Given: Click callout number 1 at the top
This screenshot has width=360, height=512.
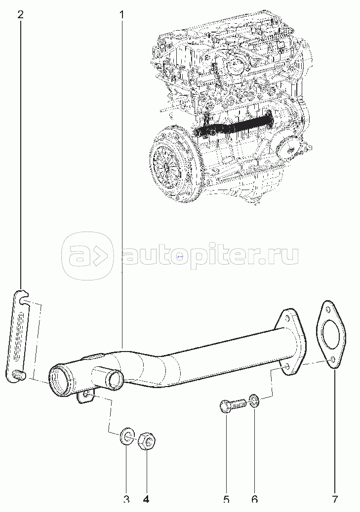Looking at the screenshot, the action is (x=121, y=15).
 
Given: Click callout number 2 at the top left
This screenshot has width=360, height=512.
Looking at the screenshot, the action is (x=21, y=15).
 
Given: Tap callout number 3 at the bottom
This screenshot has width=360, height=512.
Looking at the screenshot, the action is (x=126, y=499).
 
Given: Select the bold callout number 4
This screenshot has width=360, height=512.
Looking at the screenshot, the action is (x=146, y=499).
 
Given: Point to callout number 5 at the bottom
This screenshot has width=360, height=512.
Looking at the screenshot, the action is (x=226, y=499).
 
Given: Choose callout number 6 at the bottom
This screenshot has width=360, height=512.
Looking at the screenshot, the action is (x=254, y=499).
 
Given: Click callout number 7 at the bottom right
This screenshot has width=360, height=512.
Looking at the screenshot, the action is (x=334, y=499).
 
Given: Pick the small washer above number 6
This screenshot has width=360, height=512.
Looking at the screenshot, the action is (x=254, y=401).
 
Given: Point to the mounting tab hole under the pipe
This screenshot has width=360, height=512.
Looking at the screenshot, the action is (x=85, y=395).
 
